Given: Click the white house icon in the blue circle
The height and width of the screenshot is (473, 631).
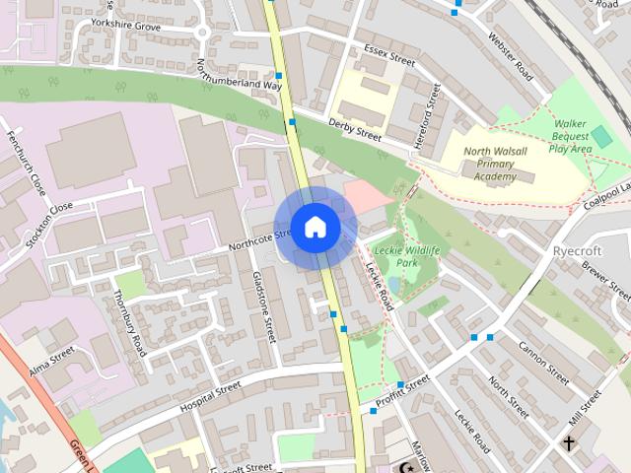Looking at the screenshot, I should click(x=315, y=227).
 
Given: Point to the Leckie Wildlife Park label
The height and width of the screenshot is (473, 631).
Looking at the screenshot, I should click(x=407, y=257).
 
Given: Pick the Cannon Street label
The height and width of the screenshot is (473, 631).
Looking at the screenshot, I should click(x=542, y=363).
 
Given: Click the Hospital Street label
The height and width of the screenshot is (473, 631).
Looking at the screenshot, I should click(x=197, y=398).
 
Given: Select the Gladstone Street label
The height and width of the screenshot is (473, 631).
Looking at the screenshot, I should click(x=263, y=305).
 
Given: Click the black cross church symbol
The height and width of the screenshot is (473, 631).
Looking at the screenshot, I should click(x=569, y=444).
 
